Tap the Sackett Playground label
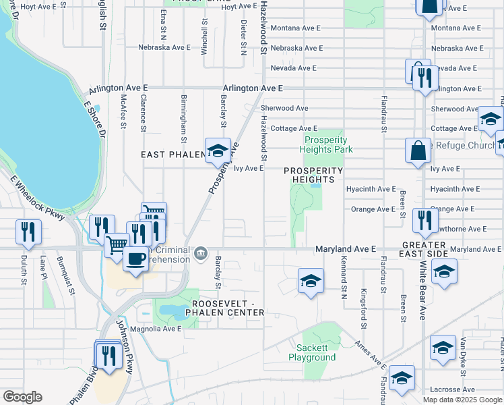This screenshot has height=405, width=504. click(316, 352)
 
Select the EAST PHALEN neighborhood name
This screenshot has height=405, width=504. click(172, 155)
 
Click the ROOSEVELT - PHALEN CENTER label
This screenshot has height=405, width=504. click(227, 308)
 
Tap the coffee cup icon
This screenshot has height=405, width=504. click(136, 259)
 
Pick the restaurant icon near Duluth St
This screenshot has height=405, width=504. click(29, 232)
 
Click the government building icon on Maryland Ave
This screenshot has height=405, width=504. click(200, 254)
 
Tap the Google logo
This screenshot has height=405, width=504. click(22, 397)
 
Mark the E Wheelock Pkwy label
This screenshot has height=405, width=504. click(36, 198)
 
